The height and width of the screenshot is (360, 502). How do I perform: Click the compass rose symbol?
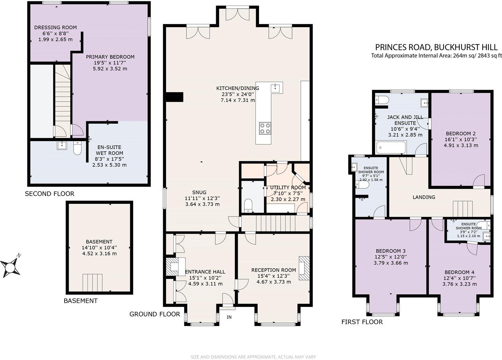pyautogui.click(x=11, y=267)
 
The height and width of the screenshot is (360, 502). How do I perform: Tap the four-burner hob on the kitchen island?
pyautogui.click(x=265, y=128)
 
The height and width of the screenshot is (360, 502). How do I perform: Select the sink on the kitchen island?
pyautogui.click(x=276, y=87)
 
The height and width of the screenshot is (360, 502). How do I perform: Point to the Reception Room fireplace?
pyautogui.click(x=304, y=268)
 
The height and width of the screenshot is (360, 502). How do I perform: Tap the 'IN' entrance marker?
pyautogui.click(x=229, y=317)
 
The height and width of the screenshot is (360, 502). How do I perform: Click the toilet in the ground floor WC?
pyautogui.click(x=248, y=205)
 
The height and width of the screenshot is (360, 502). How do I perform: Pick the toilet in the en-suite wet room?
pyautogui.click(x=77, y=148)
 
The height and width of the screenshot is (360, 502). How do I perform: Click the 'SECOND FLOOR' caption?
pyautogui.click(x=50, y=194)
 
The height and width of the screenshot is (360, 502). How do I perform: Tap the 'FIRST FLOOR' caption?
pyautogui.click(x=362, y=322)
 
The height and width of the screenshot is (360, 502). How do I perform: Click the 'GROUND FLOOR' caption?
pyautogui.click(x=155, y=314)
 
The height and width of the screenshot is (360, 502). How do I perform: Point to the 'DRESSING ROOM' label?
pyautogui.click(x=55, y=28)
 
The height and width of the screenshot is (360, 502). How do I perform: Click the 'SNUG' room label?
pyautogui.click(x=199, y=192)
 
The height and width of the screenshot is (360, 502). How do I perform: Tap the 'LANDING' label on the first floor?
pyautogui.click(x=424, y=197)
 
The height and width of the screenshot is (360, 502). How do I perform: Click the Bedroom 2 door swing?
pyautogui.click(x=479, y=181)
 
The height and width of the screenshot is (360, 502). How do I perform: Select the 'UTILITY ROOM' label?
pyautogui.click(x=288, y=188)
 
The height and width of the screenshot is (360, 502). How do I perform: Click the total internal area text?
pyautogui.click(x=436, y=55)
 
